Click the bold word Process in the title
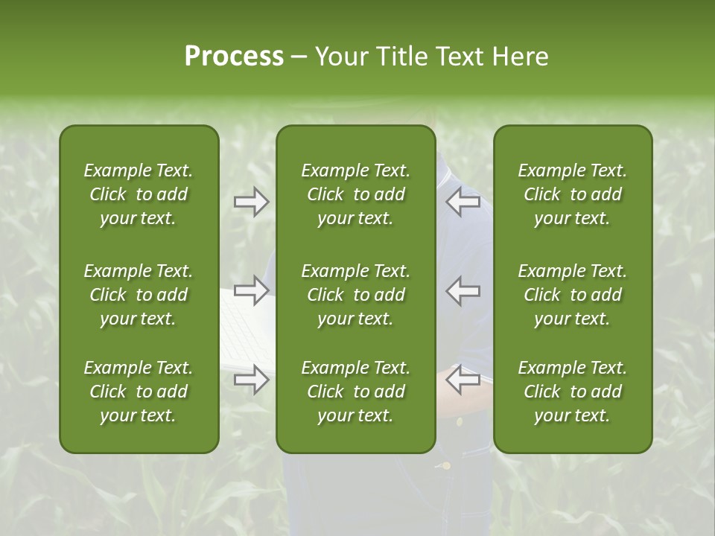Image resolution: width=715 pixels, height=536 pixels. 234,57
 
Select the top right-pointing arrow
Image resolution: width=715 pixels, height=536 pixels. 251,202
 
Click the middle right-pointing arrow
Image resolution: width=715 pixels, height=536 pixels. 251,290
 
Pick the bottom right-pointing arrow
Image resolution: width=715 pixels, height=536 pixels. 251,380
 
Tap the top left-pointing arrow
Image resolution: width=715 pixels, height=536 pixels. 463,202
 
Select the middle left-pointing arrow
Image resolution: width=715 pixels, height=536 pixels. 463,290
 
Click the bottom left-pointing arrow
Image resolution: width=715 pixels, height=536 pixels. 463,380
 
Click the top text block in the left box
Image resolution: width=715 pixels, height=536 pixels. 139,194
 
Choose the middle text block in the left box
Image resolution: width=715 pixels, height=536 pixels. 139,295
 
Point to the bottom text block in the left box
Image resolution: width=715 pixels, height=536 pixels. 139,392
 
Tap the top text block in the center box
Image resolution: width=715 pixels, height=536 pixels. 355,194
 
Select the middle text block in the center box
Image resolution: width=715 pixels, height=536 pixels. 355,295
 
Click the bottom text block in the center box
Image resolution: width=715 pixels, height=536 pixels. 355,392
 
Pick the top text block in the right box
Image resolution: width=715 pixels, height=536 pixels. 572,194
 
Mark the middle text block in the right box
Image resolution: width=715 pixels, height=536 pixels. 572,295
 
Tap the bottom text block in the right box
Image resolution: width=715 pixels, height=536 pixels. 572,392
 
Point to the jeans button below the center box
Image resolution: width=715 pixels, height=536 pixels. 446,466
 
